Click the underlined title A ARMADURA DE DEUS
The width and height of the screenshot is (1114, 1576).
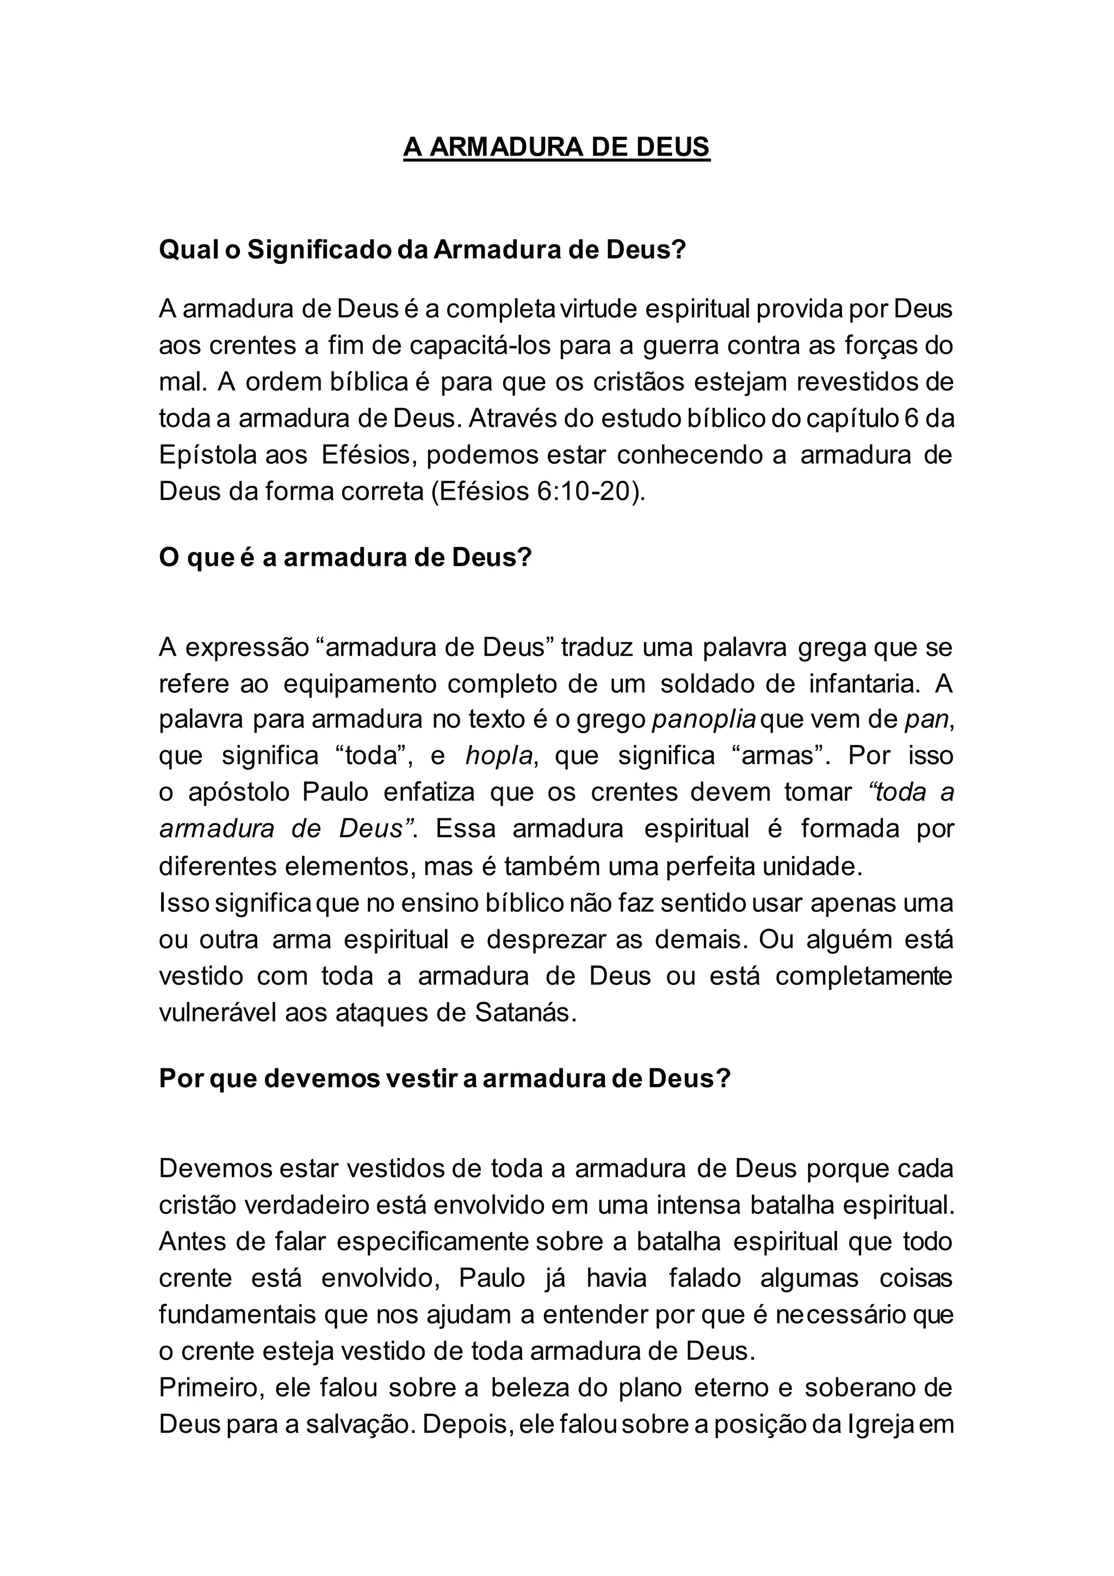point(556,147)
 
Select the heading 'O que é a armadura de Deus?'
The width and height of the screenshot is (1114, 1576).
point(346,557)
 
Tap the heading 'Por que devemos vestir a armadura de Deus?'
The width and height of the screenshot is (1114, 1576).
point(445,1079)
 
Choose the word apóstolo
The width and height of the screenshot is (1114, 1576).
point(237,793)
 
